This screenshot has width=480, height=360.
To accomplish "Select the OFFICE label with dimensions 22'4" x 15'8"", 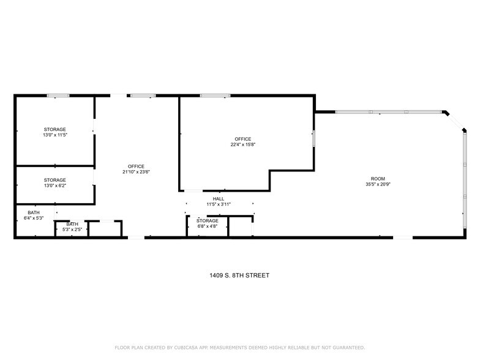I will click(x=242, y=139).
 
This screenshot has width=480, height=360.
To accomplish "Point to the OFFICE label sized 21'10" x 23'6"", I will click(x=136, y=167).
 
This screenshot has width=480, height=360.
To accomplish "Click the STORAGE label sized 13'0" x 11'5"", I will click(x=54, y=129).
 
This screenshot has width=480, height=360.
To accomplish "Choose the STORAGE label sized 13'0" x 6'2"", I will click(x=54, y=180).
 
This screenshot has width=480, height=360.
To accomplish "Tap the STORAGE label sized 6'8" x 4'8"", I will click(x=208, y=220).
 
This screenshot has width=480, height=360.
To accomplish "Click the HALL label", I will click(x=218, y=198).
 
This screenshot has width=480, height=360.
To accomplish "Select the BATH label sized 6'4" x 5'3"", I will click(x=33, y=212).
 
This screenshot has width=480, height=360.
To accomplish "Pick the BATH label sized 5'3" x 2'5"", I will click(x=72, y=224).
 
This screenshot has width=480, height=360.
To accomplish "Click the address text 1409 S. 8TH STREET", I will click(x=239, y=276).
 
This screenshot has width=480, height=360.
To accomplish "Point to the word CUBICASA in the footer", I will click(x=184, y=347).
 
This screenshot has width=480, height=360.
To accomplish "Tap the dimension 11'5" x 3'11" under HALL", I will click(x=218, y=204).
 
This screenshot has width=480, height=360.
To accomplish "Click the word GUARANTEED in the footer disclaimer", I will click(x=347, y=347).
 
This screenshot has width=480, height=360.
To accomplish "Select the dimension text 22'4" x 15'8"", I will click(x=242, y=145).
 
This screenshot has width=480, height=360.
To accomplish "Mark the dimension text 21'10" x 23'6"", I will click(x=136, y=172).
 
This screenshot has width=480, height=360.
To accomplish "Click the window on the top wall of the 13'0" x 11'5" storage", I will click(x=58, y=96).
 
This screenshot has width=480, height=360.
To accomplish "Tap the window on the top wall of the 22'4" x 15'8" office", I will click(x=215, y=96).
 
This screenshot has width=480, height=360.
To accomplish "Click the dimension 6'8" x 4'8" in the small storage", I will click(x=208, y=226).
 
